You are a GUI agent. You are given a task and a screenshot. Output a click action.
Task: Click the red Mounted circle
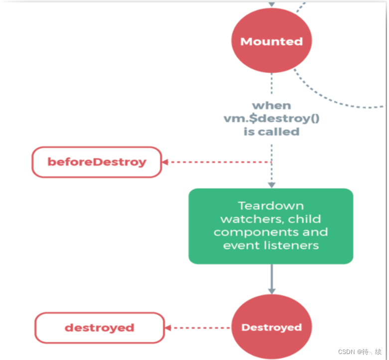[x=271, y=41]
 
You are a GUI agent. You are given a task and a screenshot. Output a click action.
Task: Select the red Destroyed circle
[x=271, y=327]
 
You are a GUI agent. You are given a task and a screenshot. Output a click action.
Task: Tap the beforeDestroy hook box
[x=97, y=162]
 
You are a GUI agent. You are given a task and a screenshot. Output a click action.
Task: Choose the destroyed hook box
[x=99, y=328]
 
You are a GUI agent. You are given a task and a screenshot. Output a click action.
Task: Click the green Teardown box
[x=270, y=226]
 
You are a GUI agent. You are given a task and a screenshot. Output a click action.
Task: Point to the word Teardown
[x=270, y=205]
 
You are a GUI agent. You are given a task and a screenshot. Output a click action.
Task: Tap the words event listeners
[x=270, y=245]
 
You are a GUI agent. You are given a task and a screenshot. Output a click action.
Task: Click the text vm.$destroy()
[x=271, y=119]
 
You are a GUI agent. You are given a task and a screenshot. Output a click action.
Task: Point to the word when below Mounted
[x=271, y=105]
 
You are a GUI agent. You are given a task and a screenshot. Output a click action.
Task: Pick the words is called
[x=271, y=132]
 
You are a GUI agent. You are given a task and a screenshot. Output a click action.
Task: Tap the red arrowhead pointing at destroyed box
[x=168, y=328]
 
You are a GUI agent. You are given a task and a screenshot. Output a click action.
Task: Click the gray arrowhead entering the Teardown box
[x=271, y=185]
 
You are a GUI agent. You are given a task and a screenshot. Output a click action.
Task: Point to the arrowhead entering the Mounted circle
[x=271, y=4]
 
